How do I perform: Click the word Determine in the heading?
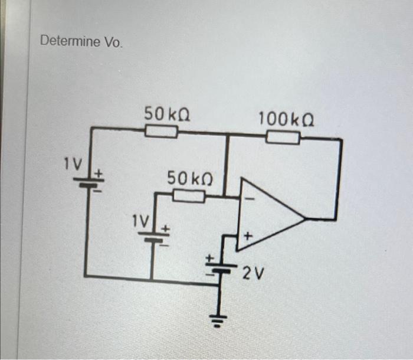pyautogui.click(x=65, y=42)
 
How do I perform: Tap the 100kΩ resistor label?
pyautogui.click(x=286, y=119)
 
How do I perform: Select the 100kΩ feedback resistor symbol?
pyautogui.click(x=283, y=138)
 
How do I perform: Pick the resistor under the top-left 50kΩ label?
pyautogui.click(x=161, y=130)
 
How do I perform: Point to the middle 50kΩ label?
pyautogui.click(x=189, y=177)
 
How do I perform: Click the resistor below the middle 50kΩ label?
pyautogui.click(x=188, y=197)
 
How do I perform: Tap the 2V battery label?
pyautogui.click(x=252, y=273)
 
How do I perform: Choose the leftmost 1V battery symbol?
pyautogui.click(x=88, y=183)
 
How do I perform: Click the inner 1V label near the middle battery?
pyautogui.click(x=141, y=221)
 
